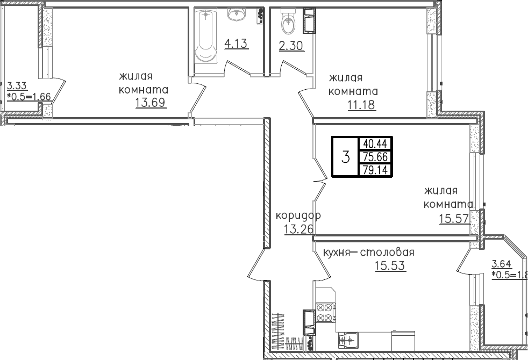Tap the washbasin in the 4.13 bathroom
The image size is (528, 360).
click(237, 14)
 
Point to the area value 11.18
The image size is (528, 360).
click(361, 105)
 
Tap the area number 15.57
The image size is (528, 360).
click(454, 219)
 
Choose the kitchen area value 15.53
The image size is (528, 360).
click(390, 266)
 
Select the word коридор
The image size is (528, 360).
click(298, 215)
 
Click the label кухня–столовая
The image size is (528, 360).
click(368, 253)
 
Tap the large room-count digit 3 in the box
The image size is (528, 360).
click(346, 157)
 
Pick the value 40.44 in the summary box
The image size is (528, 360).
click(376, 144)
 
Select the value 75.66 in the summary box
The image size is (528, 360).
click(376, 157)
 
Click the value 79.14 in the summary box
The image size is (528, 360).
click(376, 170)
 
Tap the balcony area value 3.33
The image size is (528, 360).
click(17, 85)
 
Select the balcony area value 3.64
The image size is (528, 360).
click(502, 264)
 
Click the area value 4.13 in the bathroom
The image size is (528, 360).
click(237, 44)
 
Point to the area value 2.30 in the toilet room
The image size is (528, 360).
click(291, 46)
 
